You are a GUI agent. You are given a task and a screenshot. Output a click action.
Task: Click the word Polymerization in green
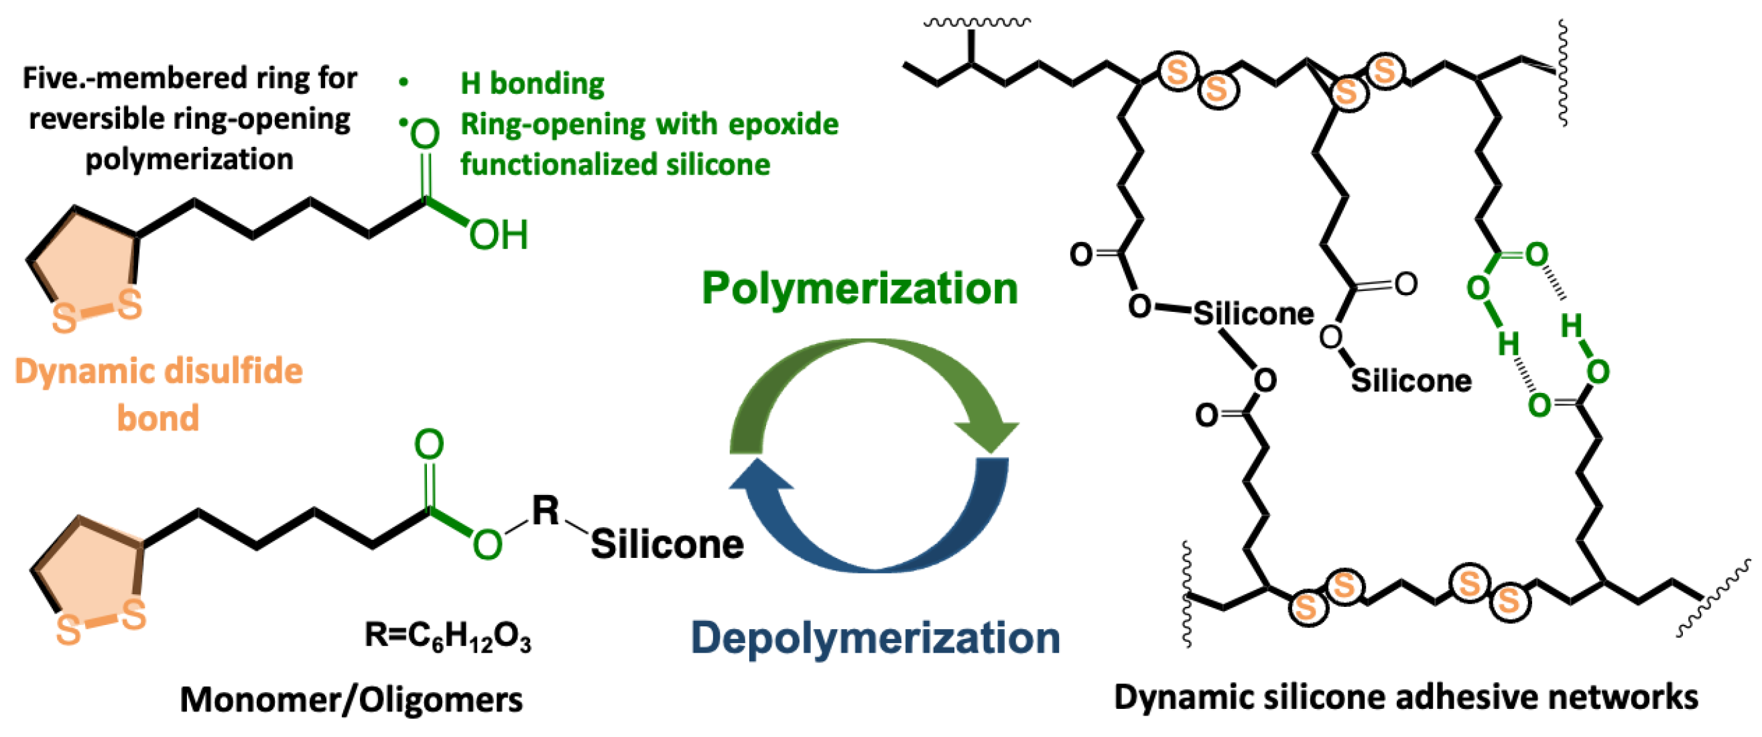[859, 288]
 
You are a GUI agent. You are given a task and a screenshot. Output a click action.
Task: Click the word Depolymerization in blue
[875, 638]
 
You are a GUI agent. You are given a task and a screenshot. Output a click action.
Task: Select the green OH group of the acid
[499, 235]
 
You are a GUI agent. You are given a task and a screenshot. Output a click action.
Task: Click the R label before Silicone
[545, 510]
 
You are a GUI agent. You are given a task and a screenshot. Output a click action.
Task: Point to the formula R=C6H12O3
[447, 636]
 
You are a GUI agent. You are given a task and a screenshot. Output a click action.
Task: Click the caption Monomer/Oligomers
[351, 699]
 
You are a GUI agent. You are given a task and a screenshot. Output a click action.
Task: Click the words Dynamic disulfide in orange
[158, 372]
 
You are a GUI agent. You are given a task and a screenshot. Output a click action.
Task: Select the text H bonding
[532, 83]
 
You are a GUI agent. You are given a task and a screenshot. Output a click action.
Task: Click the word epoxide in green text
[783, 125]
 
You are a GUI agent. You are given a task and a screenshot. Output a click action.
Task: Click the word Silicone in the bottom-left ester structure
[667, 545]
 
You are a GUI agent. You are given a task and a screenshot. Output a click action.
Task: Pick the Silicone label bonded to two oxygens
[1253, 314]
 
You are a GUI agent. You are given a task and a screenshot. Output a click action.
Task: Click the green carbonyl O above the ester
[429, 445]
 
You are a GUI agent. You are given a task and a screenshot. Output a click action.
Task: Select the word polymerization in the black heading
[189, 160]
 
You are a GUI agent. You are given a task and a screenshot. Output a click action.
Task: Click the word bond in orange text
[158, 418]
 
